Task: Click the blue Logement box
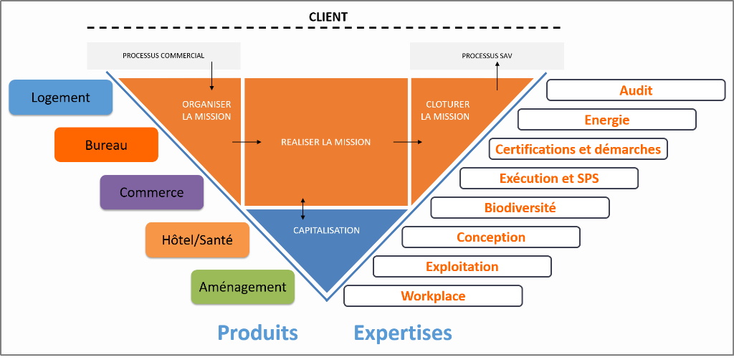coord(60,98)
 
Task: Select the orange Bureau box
coord(106,145)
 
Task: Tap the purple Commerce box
coord(151,192)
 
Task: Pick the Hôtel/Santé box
coord(196,240)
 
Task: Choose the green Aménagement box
coord(242,287)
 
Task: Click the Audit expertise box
coord(636,90)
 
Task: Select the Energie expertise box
coord(606,120)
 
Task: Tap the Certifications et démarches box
coord(578,149)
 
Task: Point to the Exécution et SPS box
coord(548,179)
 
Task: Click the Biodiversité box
coord(520,208)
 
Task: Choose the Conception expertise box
coord(491,237)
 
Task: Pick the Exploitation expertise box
coord(462,267)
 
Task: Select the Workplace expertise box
coord(433,296)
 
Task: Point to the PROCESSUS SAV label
coord(487,55)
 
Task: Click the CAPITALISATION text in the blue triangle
coord(326,230)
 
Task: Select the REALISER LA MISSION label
coord(325,142)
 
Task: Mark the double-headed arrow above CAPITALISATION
coord(303,208)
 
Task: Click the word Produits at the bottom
coord(257,333)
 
